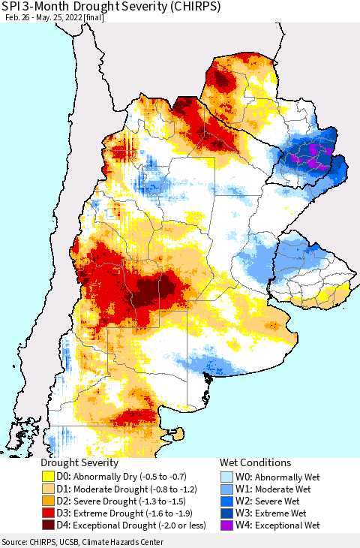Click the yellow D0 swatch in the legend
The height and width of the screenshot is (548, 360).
click(49, 476)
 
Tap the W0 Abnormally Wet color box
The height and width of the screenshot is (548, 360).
click(227, 476)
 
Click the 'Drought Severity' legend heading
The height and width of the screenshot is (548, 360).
click(79, 462)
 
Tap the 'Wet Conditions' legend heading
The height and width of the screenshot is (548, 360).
click(255, 462)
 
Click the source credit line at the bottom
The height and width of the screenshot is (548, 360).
click(84, 541)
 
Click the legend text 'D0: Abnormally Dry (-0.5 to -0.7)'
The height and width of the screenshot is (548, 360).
click(124, 476)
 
